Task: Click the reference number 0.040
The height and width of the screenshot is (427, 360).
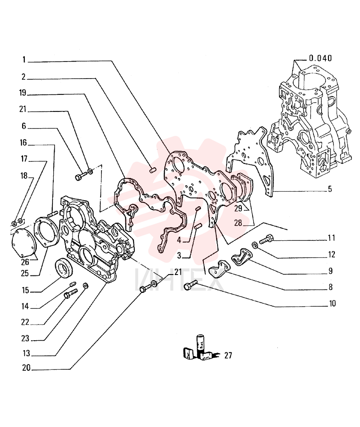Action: tap(320, 58)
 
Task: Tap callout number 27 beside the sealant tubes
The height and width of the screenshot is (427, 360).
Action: tap(228, 355)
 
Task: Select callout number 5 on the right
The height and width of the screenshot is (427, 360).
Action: tap(330, 189)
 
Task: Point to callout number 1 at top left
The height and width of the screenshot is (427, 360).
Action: tap(24, 59)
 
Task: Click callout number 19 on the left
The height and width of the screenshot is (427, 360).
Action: tap(23, 93)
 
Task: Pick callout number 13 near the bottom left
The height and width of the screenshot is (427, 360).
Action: tap(26, 353)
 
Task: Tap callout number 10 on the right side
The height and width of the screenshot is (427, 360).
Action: tap(332, 303)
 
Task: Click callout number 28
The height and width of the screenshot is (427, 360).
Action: tap(238, 223)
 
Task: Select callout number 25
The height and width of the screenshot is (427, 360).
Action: tap(25, 273)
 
